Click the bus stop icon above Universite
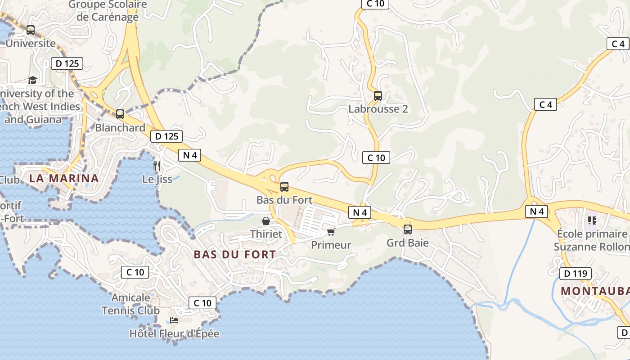[31, 30]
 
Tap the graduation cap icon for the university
[32, 80]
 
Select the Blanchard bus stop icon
[120, 114]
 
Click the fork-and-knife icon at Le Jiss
[157, 166]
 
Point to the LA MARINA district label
[64, 178]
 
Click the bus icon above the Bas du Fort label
[284, 186]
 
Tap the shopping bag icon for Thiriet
[266, 221]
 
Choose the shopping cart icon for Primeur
[331, 232]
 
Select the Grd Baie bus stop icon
[407, 229]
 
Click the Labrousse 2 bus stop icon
[378, 95]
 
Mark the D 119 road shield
[575, 273]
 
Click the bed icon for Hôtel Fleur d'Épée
[174, 320]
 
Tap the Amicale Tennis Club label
[130, 304]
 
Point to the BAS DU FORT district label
[234, 254]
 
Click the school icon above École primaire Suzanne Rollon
[592, 220]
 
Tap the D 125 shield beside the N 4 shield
[166, 136]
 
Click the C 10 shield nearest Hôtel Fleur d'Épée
[202, 303]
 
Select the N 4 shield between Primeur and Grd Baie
[360, 212]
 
